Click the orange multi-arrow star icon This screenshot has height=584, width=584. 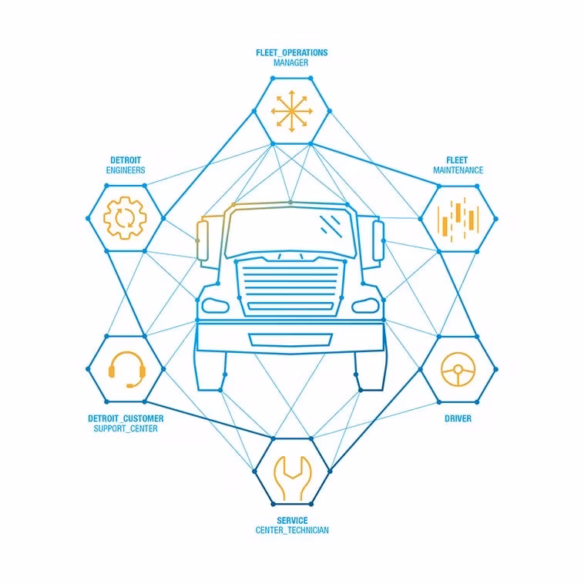click(x=292, y=111)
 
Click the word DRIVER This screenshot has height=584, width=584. click(x=458, y=418)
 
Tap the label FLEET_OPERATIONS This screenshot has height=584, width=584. click(x=292, y=53)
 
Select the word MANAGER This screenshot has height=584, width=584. click(x=291, y=63)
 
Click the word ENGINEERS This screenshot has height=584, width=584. click(x=126, y=170)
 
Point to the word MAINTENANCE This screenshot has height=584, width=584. click(x=458, y=170)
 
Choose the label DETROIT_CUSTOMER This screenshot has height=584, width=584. click(x=126, y=418)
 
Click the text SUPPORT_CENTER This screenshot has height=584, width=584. click(x=126, y=428)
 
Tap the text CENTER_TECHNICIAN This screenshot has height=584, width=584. click(x=292, y=530)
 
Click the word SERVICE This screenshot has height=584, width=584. click(x=292, y=520)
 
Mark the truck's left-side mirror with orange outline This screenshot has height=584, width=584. click(x=202, y=240)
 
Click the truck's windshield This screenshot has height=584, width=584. click(x=290, y=231)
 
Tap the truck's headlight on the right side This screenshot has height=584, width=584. click(x=366, y=305)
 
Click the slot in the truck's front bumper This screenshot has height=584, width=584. click(x=290, y=340)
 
